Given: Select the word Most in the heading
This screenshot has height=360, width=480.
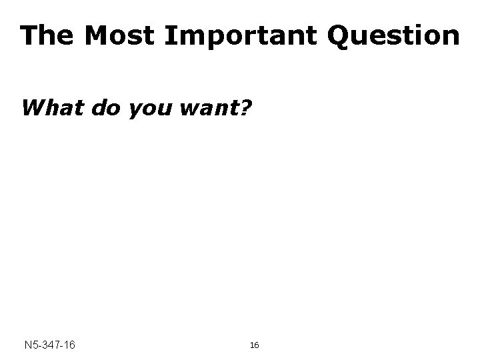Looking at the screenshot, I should click(120, 35).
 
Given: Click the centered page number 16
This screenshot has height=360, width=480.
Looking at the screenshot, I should click(254, 345).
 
